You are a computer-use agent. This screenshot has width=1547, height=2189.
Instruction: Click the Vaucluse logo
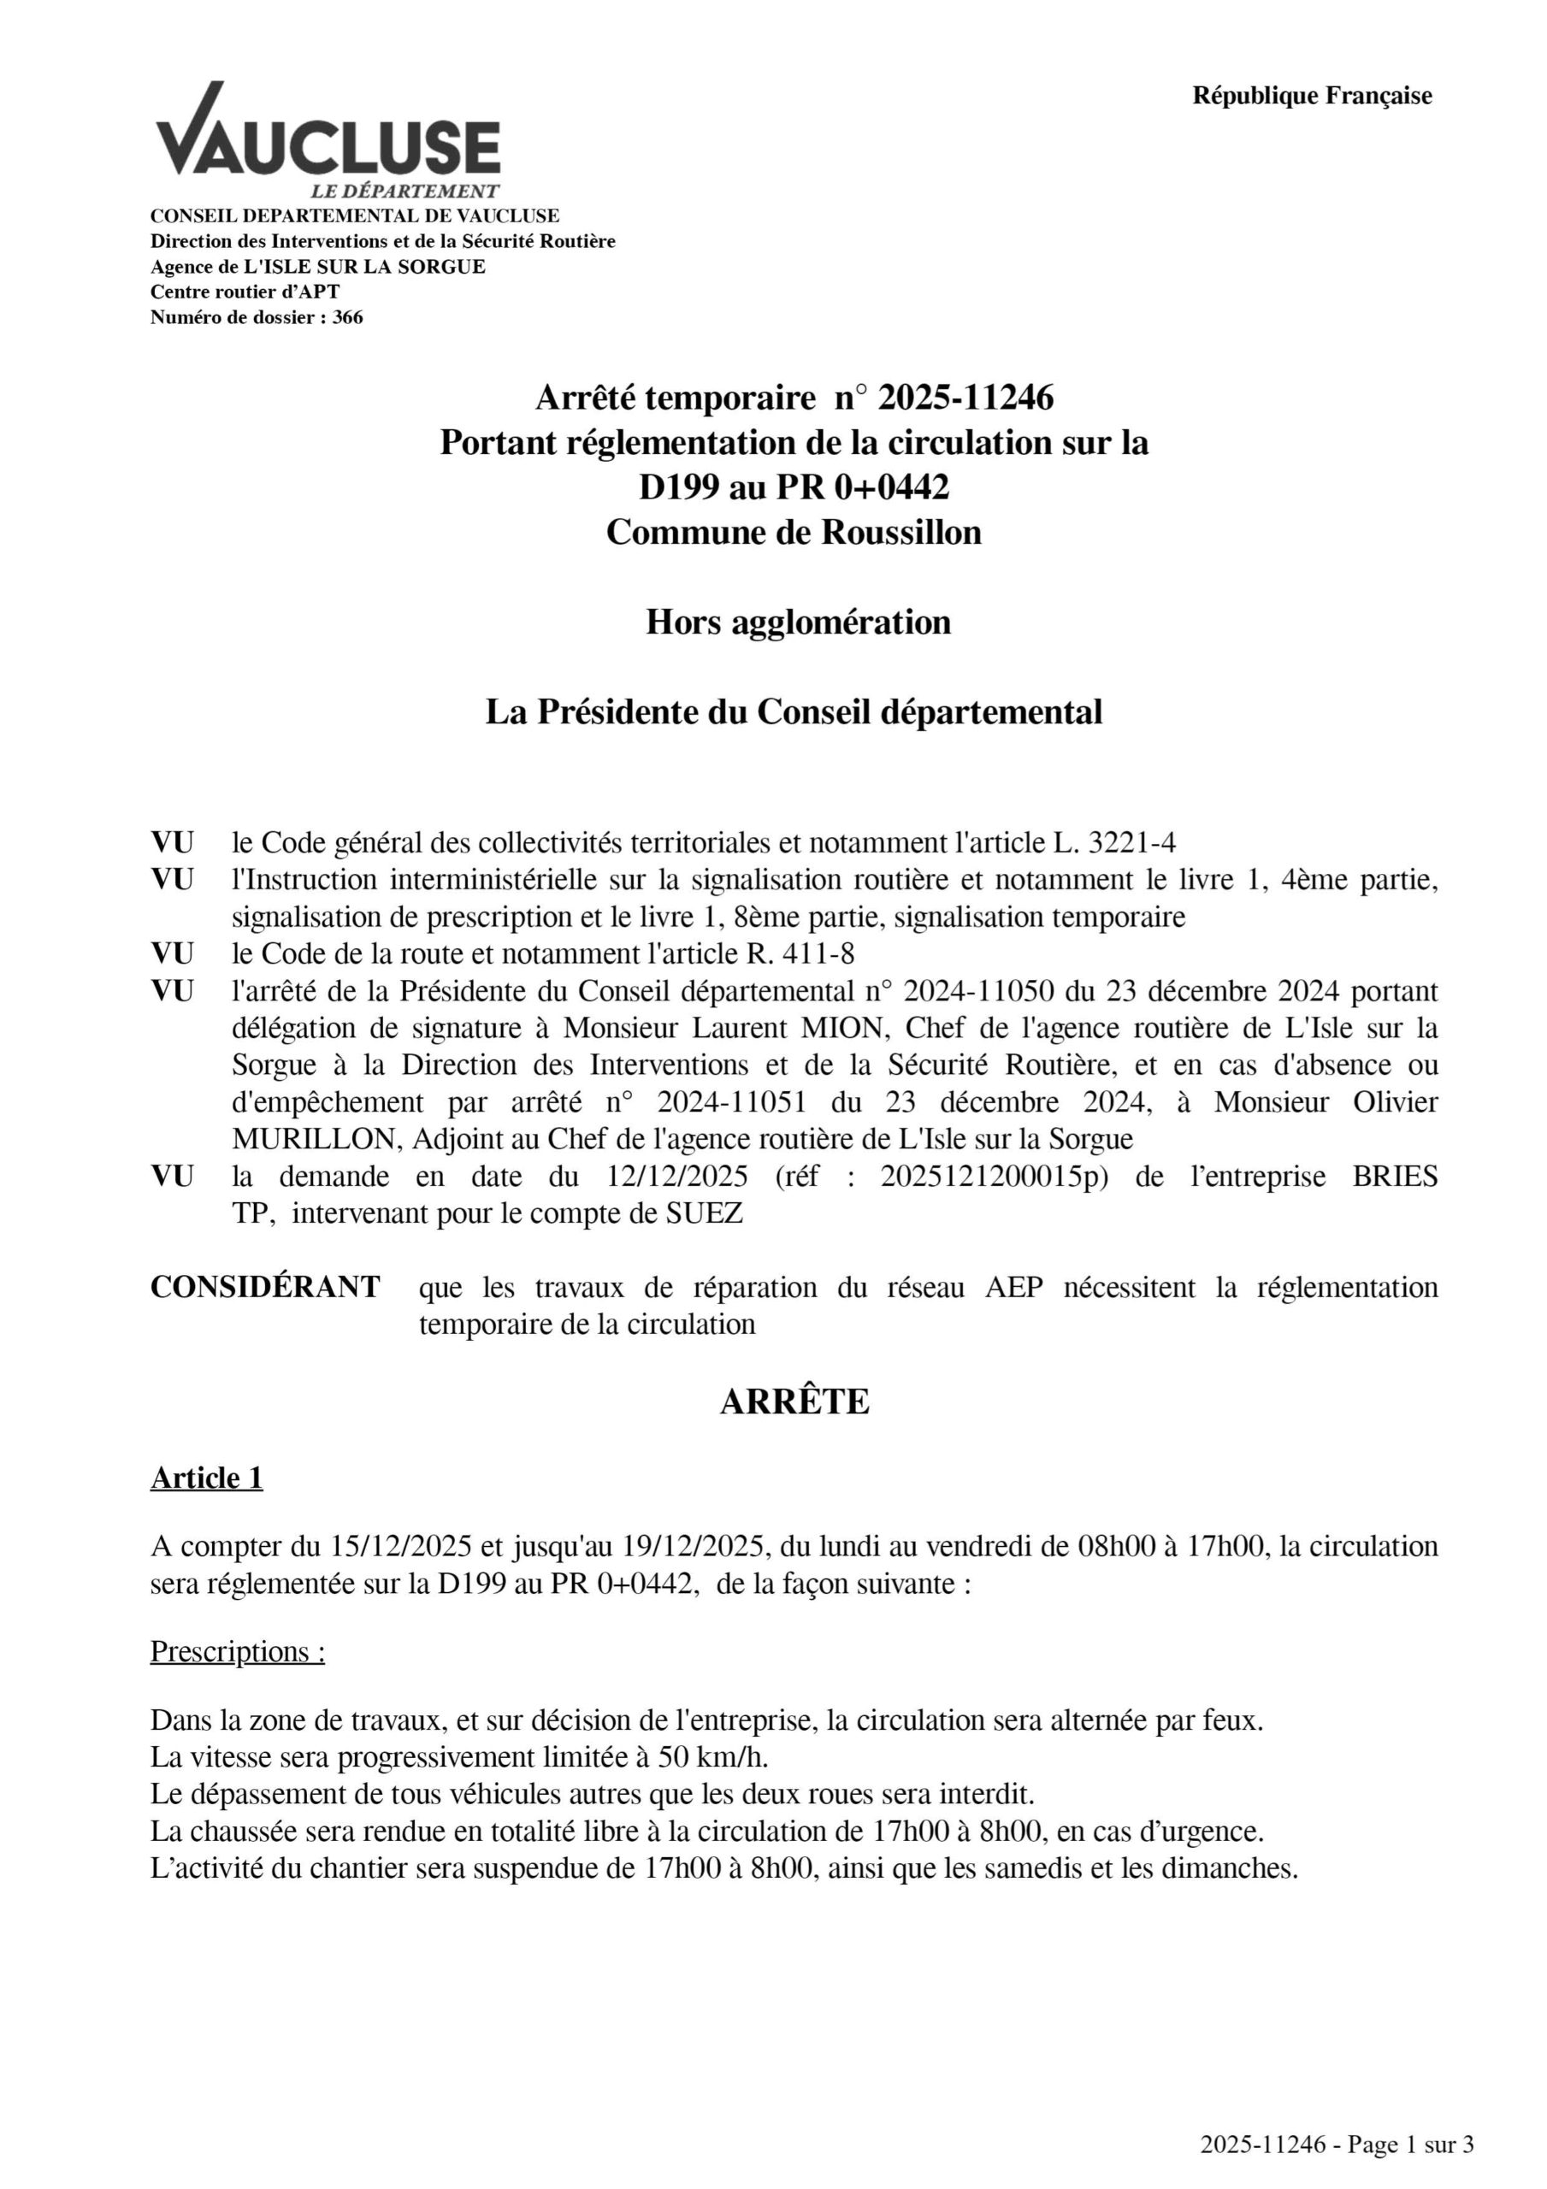tap(328, 141)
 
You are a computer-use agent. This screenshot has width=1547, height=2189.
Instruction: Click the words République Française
tap(1312, 97)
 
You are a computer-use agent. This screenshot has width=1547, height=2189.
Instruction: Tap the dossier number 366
tap(347, 317)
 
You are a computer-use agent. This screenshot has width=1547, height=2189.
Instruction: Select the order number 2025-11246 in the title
tap(965, 398)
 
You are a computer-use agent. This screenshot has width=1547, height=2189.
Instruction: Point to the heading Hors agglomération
tap(798, 622)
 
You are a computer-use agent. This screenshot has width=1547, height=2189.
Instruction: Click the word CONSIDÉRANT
tap(265, 1287)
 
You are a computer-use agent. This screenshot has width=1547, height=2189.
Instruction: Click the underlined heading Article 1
tap(206, 1478)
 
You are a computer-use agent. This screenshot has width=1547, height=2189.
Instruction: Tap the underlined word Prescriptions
tap(238, 1652)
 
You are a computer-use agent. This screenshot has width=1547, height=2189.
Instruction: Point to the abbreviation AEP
tap(1013, 1288)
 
